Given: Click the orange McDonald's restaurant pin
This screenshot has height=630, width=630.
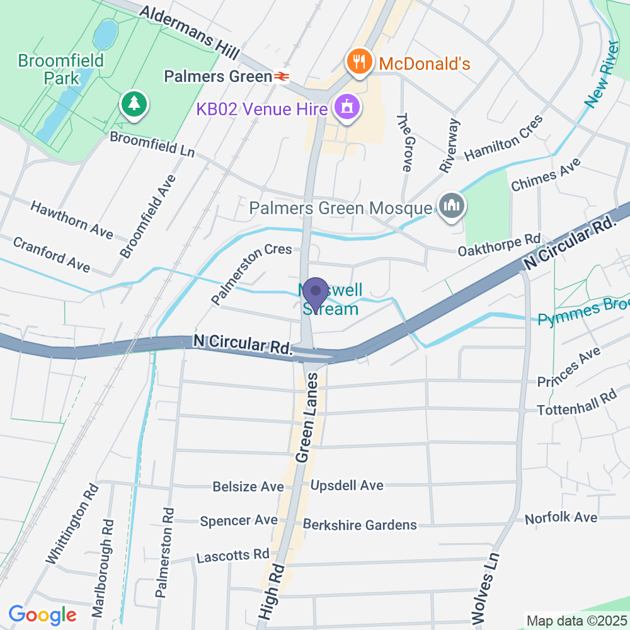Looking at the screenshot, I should [x=358, y=62].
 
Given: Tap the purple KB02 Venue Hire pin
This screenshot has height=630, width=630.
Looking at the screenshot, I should [x=346, y=106].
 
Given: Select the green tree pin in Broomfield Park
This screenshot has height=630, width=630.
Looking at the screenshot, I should [x=133, y=103].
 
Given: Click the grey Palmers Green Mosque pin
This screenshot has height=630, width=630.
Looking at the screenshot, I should [x=452, y=206].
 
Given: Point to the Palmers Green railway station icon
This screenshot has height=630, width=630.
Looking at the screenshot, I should [x=281, y=76].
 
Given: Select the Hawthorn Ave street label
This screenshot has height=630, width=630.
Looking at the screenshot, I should [x=72, y=220].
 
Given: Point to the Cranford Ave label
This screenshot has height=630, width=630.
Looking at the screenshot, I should [x=52, y=255].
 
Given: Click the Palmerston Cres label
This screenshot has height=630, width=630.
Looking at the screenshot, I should [x=252, y=273].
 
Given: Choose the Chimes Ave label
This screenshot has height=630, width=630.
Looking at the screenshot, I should [x=546, y=175].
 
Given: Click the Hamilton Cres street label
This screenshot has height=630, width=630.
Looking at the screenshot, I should [x=503, y=138].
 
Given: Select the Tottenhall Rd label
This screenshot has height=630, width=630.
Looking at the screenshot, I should [x=576, y=405].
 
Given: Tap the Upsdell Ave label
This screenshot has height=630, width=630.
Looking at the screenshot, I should [x=346, y=486].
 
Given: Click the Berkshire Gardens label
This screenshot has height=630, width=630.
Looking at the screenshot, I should [x=360, y=525].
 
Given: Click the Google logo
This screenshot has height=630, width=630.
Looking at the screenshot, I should [x=43, y=614].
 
